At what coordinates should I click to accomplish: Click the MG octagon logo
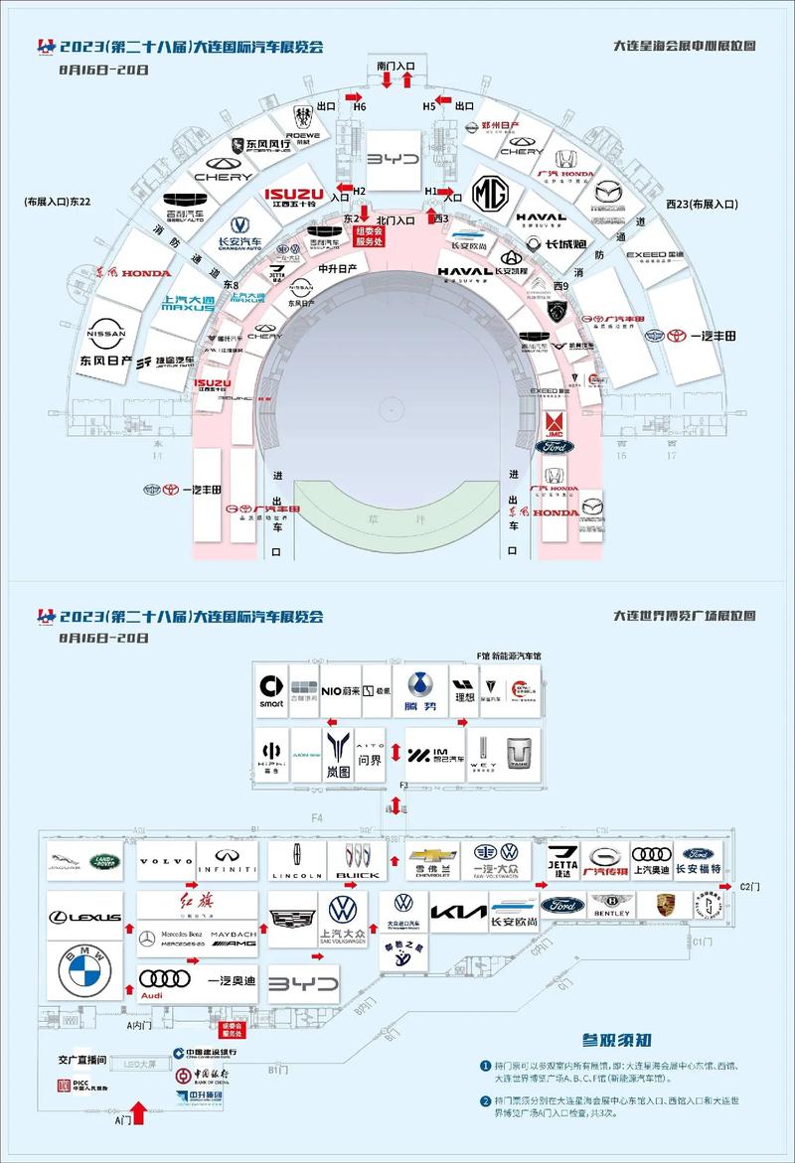489,192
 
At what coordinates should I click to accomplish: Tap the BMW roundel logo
84,971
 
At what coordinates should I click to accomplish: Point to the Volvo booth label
165,862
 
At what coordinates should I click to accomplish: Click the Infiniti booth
228,862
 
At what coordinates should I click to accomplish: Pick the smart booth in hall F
271,690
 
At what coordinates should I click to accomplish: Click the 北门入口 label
396,219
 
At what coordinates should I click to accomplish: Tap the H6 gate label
359,106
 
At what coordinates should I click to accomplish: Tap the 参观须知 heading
617,1041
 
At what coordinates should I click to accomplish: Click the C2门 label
751,886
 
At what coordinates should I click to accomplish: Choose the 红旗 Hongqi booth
196,905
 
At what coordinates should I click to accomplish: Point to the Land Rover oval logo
104,861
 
